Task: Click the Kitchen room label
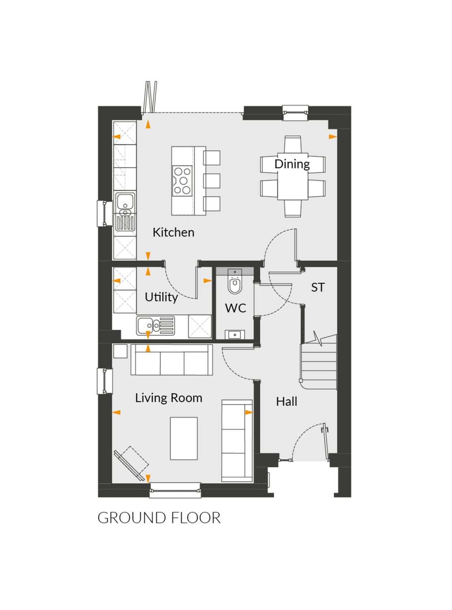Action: pos(173,232)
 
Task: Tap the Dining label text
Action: pos(292,164)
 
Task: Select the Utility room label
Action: pos(161,298)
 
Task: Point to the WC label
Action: pos(236,308)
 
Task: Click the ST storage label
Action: pos(318,288)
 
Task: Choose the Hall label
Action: pos(287,401)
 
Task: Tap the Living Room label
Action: pos(169,398)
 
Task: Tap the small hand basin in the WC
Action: pos(235,335)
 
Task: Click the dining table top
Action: pos(293,176)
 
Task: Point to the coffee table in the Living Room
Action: pos(184,438)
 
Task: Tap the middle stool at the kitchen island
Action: pos(212,181)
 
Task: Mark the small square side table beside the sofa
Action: pos(120,351)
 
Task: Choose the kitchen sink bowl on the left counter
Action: pos(125,201)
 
